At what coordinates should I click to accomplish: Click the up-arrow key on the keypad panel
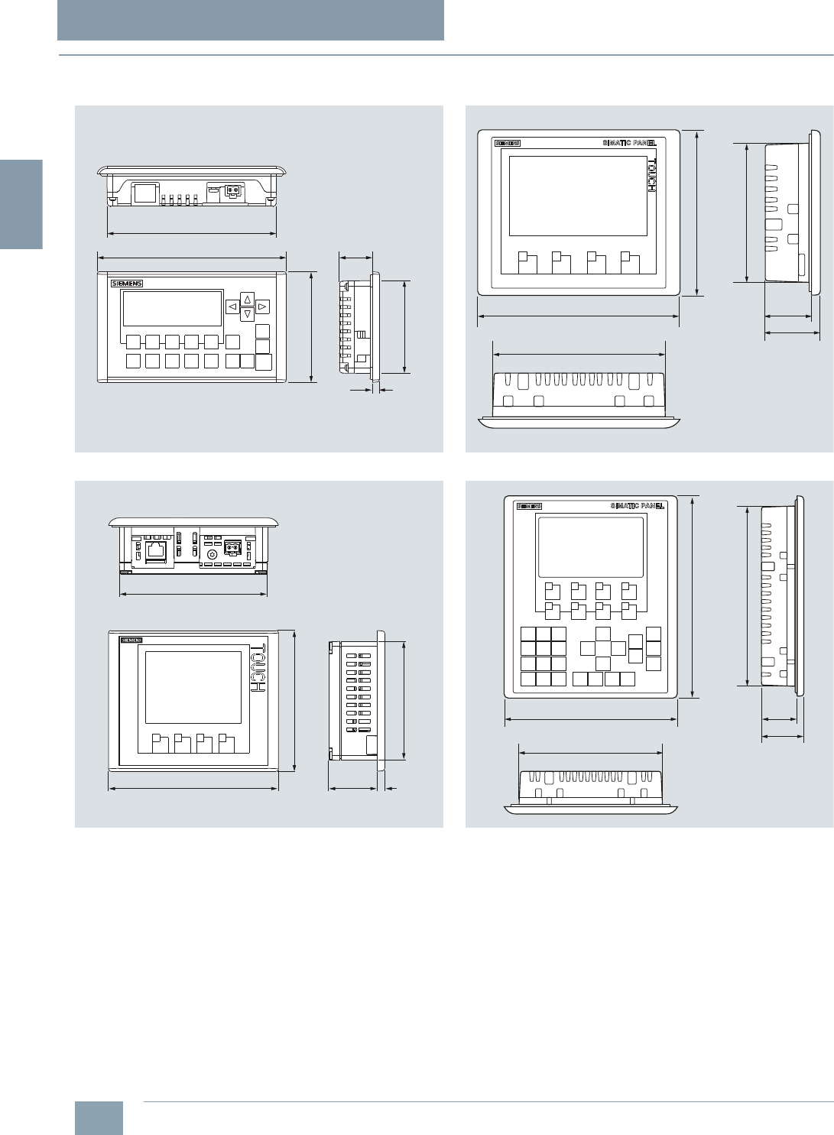pos(247,299)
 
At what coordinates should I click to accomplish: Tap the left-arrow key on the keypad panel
pos(232,306)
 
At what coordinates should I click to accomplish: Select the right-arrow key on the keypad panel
pos(262,306)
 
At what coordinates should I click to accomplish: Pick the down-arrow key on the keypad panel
pos(247,313)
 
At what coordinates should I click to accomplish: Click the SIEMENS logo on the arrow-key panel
pos(127,284)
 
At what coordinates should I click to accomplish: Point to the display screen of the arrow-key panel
pos(172,308)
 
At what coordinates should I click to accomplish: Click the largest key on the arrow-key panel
pos(264,362)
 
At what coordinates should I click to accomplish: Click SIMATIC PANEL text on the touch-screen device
pos(629,143)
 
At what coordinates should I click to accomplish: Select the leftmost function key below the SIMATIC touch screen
pos(527,262)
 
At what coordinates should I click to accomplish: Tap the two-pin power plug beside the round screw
pos(232,548)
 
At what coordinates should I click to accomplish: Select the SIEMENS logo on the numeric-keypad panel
pos(529,506)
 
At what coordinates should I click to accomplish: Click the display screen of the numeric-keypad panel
pos(590,547)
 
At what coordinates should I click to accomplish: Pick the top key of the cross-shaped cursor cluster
pos(603,634)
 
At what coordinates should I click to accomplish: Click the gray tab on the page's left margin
pos(21,204)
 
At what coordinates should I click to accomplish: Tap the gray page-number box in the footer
pos(99,1117)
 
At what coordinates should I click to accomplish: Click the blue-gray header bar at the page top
pos(251,20)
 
